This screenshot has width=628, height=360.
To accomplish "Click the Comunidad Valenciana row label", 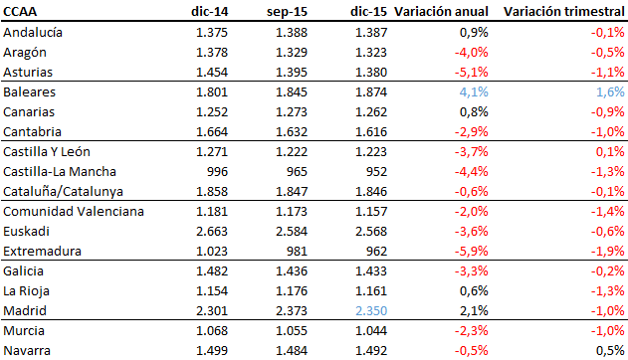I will (74, 211).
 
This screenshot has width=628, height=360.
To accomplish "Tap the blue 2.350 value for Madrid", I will (369, 310).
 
